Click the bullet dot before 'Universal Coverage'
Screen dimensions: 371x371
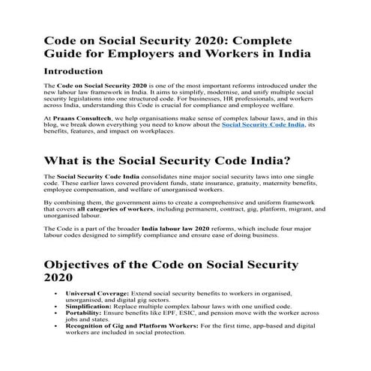coord(58,294)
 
